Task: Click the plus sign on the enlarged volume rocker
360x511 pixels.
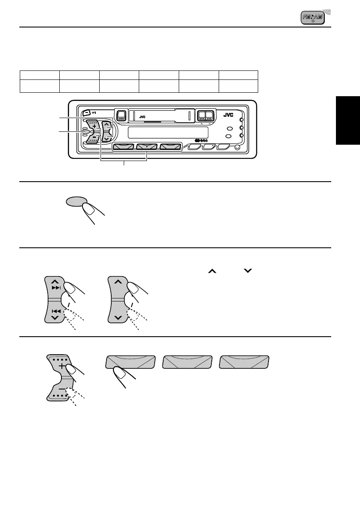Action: [x=62, y=366]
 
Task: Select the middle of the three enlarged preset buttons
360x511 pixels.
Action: [x=187, y=362]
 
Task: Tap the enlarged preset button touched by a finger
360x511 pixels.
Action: [x=130, y=362]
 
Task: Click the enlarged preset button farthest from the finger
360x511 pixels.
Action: [x=244, y=362]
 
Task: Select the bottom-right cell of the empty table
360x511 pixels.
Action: [x=238, y=85]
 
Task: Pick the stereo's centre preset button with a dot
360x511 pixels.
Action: [x=147, y=147]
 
